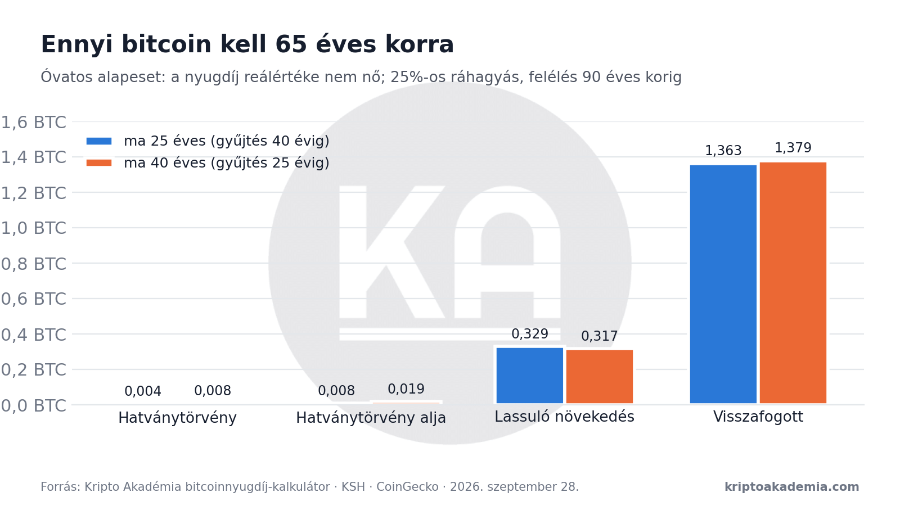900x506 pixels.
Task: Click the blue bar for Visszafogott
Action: pyautogui.click(x=723, y=284)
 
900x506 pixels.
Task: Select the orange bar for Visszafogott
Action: pyautogui.click(x=793, y=283)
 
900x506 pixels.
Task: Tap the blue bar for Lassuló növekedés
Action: pyautogui.click(x=530, y=376)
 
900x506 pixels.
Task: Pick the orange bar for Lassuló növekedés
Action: pyautogui.click(x=600, y=377)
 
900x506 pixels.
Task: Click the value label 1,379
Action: pyautogui.click(x=793, y=148)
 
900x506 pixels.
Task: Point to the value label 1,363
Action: pyautogui.click(x=723, y=151)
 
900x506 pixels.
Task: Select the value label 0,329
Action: pyautogui.click(x=530, y=334)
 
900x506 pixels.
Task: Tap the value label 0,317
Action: pyautogui.click(x=600, y=336)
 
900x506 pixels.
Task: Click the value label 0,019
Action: pyautogui.click(x=406, y=388)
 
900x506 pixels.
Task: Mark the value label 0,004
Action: pyautogui.click(x=143, y=391)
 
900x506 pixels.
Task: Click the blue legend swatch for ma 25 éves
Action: pyautogui.click(x=99, y=141)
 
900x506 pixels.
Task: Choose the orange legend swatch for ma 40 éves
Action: pyautogui.click(x=99, y=162)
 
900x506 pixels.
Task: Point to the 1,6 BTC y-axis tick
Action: pyautogui.click(x=34, y=123)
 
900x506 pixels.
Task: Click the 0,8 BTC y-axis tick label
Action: pyautogui.click(x=34, y=264)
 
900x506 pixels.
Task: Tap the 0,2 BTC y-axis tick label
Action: pyautogui.click(x=34, y=370)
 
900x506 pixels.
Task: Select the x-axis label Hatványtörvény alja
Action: pyautogui.click(x=371, y=418)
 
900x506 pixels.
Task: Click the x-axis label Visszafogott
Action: pyautogui.click(x=758, y=417)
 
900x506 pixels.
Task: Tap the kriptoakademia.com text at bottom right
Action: pyautogui.click(x=792, y=487)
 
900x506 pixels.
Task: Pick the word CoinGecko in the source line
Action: pyautogui.click(x=407, y=487)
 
